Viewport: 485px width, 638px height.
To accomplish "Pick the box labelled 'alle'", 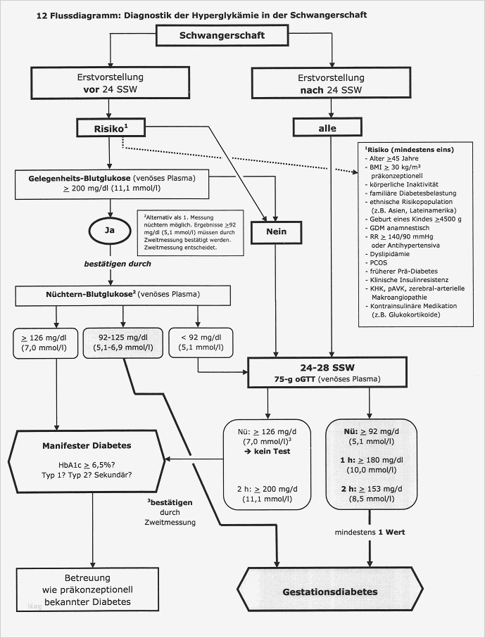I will click(328, 127).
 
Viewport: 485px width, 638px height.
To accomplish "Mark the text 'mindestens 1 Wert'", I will click(369, 533).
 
